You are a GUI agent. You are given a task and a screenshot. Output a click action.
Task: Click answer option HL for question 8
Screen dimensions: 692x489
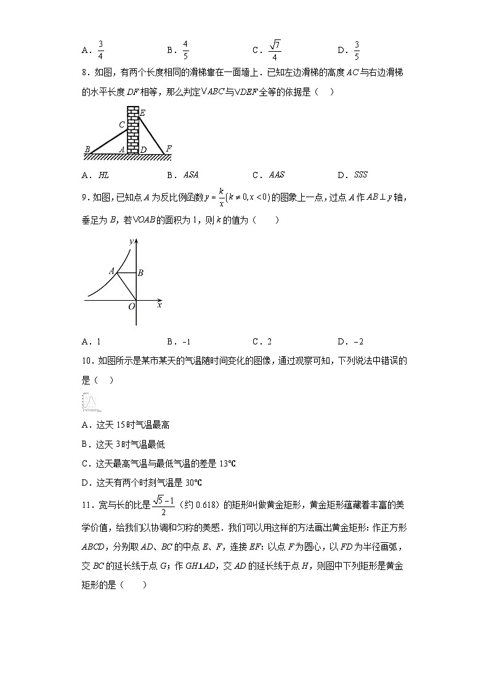103,175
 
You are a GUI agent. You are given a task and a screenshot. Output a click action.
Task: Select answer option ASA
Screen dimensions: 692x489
191,175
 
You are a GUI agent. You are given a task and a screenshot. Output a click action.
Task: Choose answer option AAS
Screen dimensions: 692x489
277,175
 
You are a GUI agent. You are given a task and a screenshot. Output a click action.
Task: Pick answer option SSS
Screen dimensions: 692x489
360,175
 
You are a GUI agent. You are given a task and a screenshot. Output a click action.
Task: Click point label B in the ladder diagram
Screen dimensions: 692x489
87,149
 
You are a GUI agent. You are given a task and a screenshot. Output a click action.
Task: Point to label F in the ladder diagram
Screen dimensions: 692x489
168,149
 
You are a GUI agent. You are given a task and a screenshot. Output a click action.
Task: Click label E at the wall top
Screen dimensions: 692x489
142,113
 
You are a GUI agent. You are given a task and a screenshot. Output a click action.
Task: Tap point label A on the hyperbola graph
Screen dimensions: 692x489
111,271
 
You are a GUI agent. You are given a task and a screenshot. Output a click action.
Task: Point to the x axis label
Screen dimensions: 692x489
160,304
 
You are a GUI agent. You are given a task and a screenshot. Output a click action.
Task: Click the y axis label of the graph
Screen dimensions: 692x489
131,241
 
